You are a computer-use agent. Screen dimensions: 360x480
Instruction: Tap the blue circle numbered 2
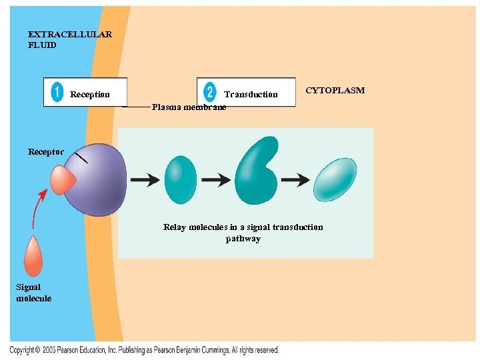click(210, 92)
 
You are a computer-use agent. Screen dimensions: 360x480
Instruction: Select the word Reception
click(90, 95)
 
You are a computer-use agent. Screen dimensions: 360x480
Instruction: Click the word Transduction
click(251, 95)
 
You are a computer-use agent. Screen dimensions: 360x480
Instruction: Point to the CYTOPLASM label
click(335, 90)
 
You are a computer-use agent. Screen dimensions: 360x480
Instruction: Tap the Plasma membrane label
click(189, 107)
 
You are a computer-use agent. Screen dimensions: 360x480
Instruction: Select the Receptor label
click(46, 152)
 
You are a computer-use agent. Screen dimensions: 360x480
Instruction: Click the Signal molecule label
click(33, 293)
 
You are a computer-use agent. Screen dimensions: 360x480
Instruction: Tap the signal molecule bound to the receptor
click(63, 179)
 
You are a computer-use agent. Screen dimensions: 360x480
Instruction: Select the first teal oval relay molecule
click(180, 179)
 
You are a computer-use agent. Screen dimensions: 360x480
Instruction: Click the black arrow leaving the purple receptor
click(145, 179)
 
